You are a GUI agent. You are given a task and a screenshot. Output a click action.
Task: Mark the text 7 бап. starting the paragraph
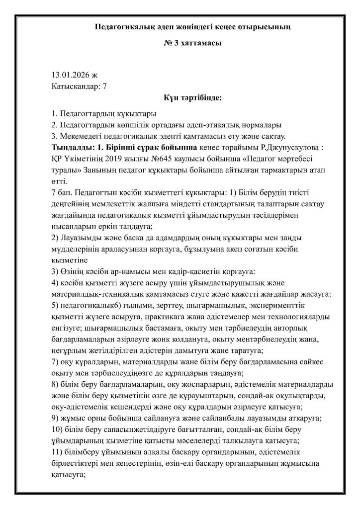click(63, 191)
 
